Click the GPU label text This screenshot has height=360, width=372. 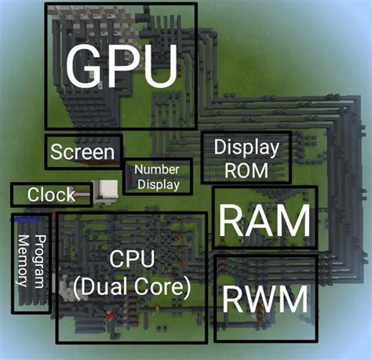[x=122, y=66]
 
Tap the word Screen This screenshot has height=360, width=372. [x=83, y=152]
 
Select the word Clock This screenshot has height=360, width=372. [x=51, y=195]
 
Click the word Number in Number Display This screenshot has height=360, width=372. [x=157, y=169]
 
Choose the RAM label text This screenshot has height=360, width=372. [x=264, y=223]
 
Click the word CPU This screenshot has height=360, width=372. [x=132, y=259]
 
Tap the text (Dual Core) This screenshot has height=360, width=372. [x=132, y=287]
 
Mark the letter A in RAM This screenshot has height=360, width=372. [x=265, y=223]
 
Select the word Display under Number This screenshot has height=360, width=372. [x=157, y=185]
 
